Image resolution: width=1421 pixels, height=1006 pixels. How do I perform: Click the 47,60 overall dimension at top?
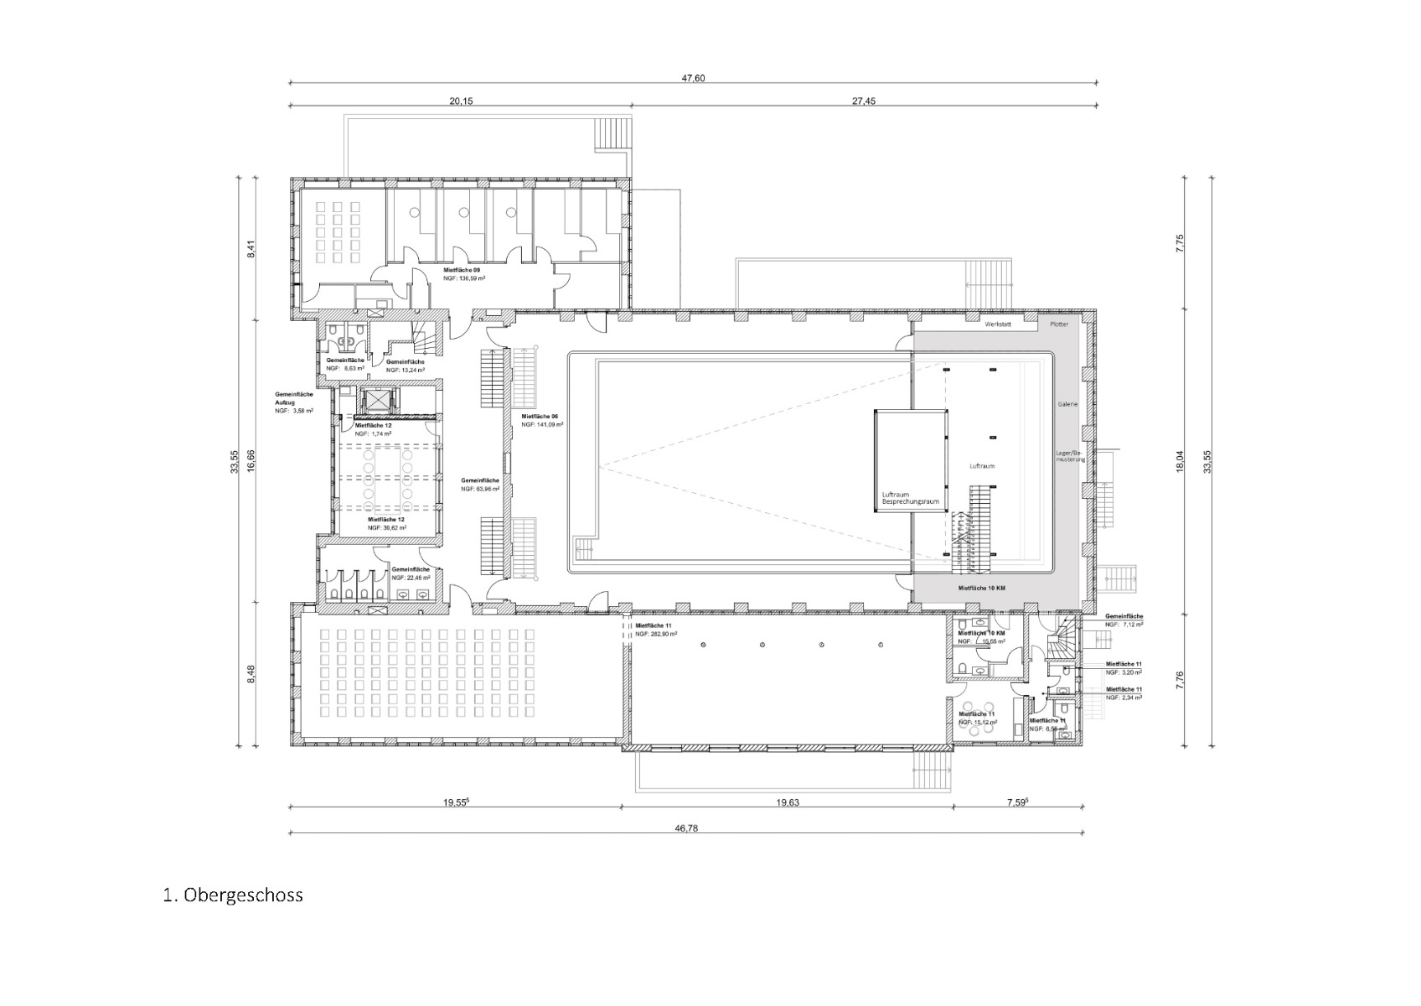(693, 78)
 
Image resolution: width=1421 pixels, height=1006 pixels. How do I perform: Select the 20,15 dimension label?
(461, 101)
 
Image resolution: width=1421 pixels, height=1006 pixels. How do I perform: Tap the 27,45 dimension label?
(864, 101)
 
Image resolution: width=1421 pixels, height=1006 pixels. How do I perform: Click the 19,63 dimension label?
(788, 802)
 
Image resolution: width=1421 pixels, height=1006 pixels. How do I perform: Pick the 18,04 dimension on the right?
(1180, 460)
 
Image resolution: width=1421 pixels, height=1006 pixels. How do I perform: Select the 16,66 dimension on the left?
(250, 460)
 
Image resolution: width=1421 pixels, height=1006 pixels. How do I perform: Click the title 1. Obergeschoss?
(233, 895)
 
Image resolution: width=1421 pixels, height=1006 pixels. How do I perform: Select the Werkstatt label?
(998, 324)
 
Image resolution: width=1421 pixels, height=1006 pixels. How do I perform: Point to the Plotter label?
(1059, 324)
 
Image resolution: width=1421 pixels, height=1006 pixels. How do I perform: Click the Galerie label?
(1067, 404)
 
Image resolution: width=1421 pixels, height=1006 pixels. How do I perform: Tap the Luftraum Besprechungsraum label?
(909, 498)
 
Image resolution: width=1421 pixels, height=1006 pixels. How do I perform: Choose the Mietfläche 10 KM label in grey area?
(981, 589)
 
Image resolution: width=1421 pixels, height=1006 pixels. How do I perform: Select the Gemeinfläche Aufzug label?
(293, 402)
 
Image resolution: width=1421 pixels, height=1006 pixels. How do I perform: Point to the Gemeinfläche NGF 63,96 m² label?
(480, 484)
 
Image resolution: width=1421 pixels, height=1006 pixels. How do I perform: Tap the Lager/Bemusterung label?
(1071, 456)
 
